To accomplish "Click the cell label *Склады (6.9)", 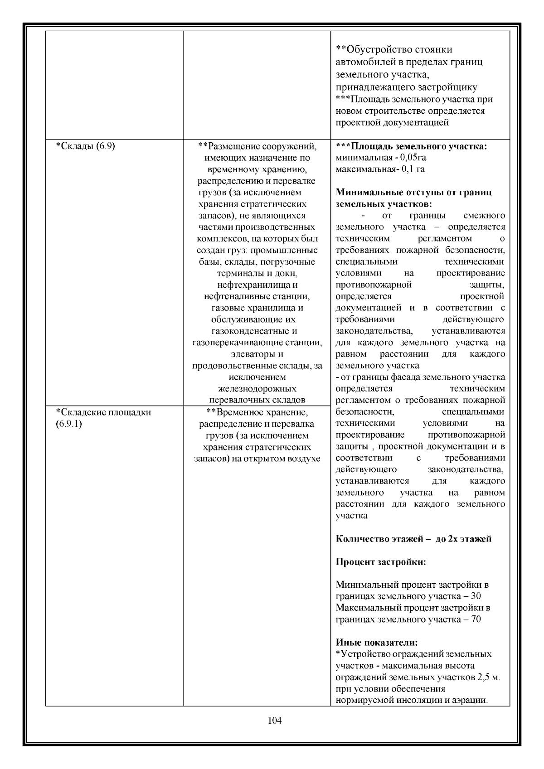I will click(x=85, y=146).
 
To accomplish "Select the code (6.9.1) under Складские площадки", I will click(x=68, y=424).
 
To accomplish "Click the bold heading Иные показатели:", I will click(x=377, y=642).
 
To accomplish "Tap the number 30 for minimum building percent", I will click(x=476, y=596).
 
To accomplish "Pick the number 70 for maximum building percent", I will click(x=476, y=619).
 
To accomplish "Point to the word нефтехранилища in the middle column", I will click(x=257, y=285).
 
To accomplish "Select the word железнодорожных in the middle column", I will click(x=257, y=388).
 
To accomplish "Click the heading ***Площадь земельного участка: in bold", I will click(x=411, y=146).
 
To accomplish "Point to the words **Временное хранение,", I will click(x=257, y=412).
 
